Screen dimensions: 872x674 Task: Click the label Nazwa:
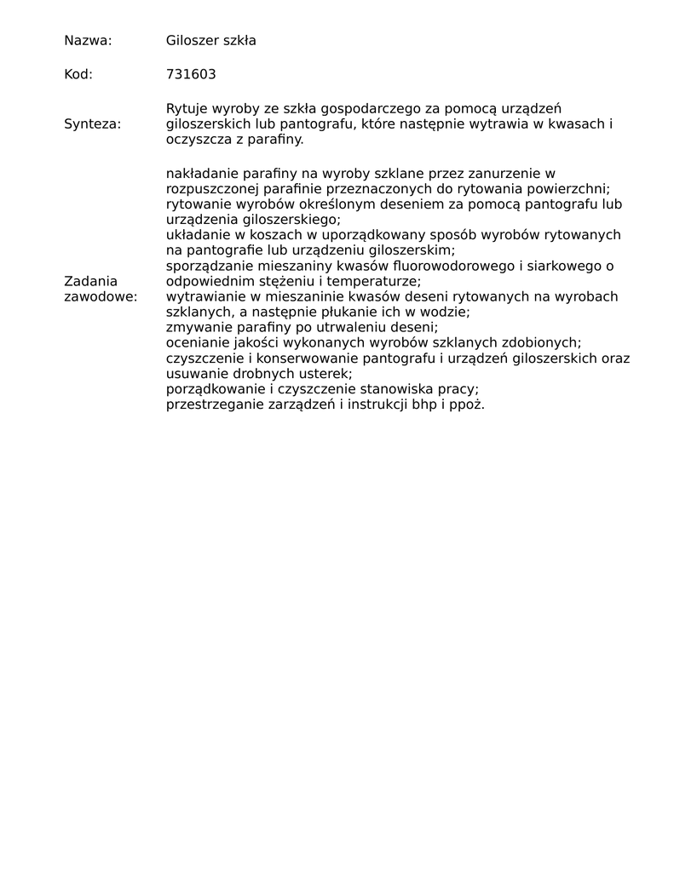[88, 40]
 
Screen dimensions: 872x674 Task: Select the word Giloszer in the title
[192, 40]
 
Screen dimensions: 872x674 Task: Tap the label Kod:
[78, 74]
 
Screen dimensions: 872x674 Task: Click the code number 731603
[191, 74]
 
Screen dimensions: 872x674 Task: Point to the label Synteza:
[92, 124]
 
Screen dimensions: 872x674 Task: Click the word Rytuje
[186, 109]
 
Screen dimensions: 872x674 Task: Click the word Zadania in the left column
[90, 281]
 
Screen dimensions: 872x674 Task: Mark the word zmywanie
[195, 327]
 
